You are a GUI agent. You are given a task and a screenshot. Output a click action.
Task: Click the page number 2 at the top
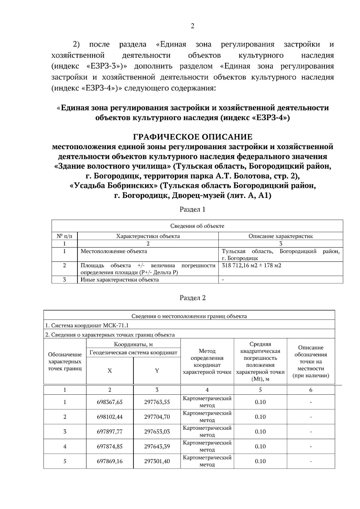click(x=192, y=26)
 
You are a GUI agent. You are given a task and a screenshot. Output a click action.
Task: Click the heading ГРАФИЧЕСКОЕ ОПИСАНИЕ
click(x=192, y=137)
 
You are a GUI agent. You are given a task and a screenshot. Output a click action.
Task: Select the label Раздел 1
click(x=192, y=209)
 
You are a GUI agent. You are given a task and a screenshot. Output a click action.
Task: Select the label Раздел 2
click(x=192, y=298)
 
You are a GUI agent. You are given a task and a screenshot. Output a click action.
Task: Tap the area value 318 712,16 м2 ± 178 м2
click(x=251, y=266)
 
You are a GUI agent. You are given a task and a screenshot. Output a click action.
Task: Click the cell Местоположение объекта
click(x=114, y=251)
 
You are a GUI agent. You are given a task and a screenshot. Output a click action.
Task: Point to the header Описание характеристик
click(x=280, y=236)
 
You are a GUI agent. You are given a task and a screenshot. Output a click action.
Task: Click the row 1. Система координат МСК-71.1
click(x=87, y=326)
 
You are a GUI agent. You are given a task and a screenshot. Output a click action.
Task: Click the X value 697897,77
click(x=109, y=432)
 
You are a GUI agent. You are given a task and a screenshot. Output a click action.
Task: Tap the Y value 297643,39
click(x=157, y=447)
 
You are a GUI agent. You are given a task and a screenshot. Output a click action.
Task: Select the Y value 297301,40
click(x=157, y=461)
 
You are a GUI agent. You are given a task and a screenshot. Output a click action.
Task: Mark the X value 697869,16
click(x=109, y=461)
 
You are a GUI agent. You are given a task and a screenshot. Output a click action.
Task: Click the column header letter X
click(x=109, y=371)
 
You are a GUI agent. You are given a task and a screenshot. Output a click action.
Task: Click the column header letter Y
click(x=157, y=371)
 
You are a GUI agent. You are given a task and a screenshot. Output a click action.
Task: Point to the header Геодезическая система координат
click(x=133, y=353)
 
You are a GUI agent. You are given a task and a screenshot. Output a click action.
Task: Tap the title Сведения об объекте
click(x=197, y=226)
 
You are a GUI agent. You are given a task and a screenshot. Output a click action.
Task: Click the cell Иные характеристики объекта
click(x=119, y=280)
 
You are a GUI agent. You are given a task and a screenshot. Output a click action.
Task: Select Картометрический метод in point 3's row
click(x=207, y=432)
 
